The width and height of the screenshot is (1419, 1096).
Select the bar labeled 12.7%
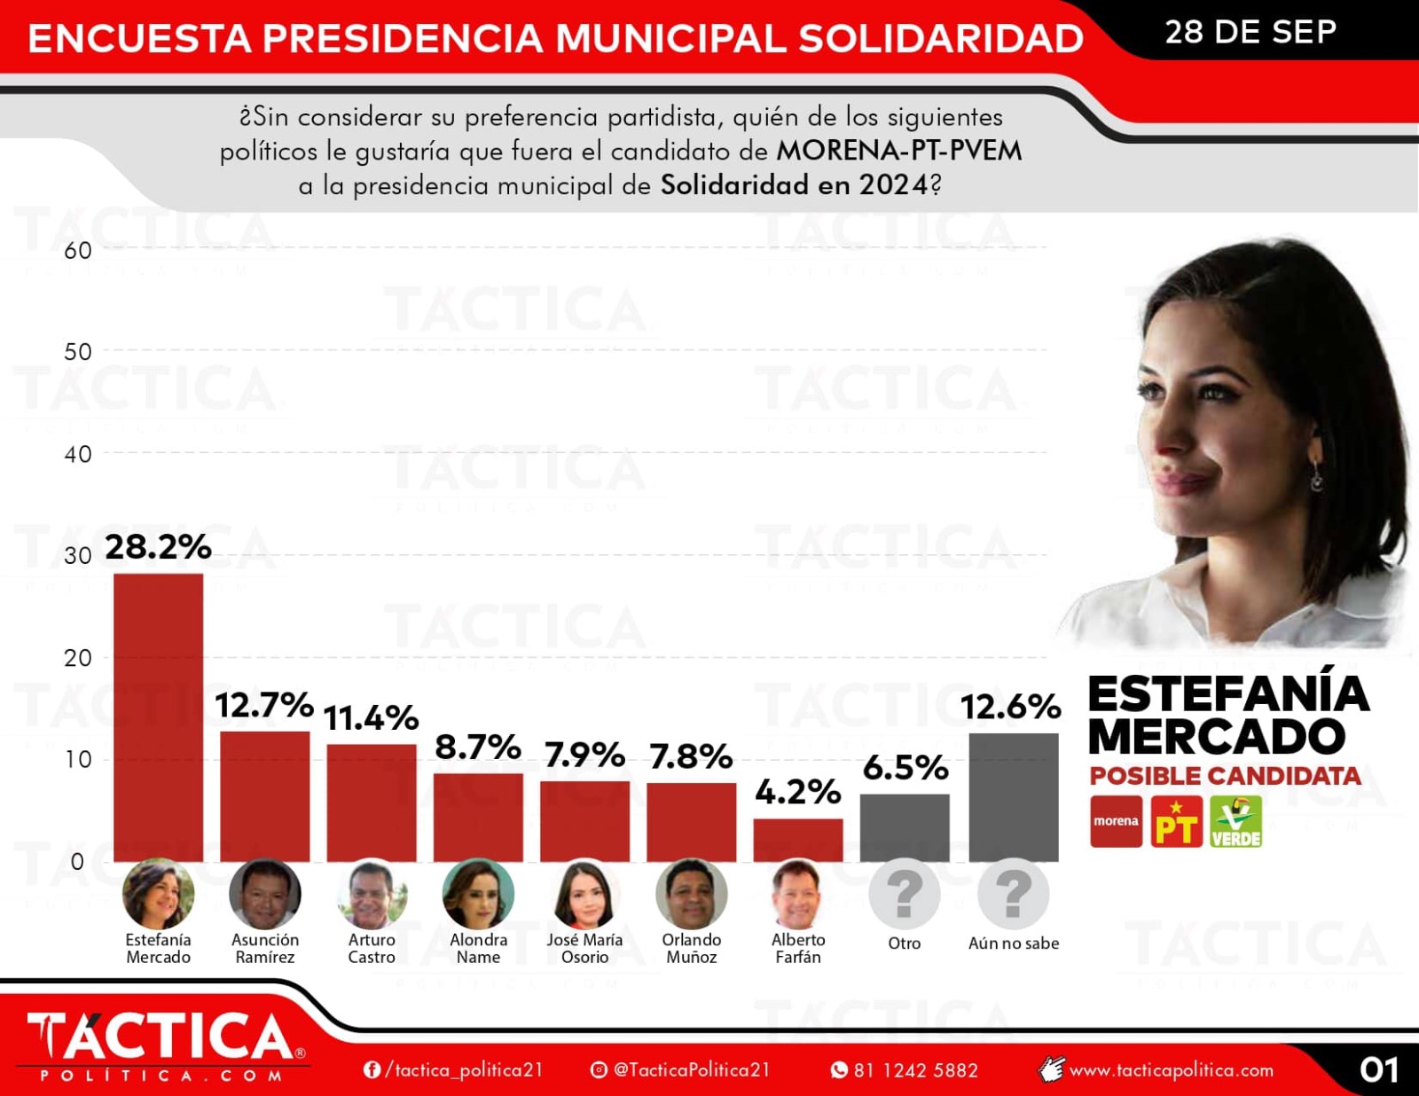point(264,795)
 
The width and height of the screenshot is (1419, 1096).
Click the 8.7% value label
point(478,748)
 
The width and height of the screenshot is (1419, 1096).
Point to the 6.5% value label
point(905,768)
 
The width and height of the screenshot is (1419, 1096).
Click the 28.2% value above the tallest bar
point(158,547)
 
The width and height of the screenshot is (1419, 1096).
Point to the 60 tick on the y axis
point(78,251)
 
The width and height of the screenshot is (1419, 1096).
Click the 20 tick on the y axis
point(78,658)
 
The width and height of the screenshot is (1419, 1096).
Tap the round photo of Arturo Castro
point(372,894)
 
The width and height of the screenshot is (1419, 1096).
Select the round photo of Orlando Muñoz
point(692,894)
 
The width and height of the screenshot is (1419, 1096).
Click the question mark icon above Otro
point(905,894)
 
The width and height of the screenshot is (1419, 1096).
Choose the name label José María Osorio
point(584,948)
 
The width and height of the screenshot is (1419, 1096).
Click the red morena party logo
point(1116,821)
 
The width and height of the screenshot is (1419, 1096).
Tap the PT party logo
point(1176,821)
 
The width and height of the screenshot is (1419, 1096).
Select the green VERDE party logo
point(1235,821)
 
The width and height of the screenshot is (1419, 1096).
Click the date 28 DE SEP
point(1250,32)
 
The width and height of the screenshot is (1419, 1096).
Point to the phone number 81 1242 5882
point(914,1070)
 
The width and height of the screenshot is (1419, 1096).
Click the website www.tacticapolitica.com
point(1171,1070)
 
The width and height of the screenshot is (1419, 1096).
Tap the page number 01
point(1378,1069)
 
